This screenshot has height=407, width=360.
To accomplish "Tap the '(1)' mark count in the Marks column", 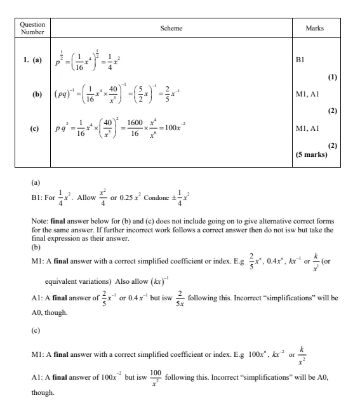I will click(x=331, y=77).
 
